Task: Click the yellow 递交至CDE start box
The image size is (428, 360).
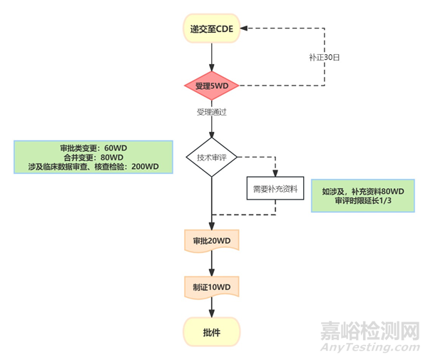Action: pos(212,29)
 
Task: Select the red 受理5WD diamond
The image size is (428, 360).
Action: pos(212,86)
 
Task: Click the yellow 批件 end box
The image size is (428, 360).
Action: pos(212,331)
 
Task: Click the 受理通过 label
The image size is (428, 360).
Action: pos(212,112)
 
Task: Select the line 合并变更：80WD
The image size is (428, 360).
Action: pos(93,157)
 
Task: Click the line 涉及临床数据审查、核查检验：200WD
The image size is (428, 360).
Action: pos(93,166)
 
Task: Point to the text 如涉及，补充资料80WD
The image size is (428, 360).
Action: pos(363,192)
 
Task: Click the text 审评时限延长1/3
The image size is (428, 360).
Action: pos(363,202)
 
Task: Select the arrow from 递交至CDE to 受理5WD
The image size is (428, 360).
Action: pos(212,56)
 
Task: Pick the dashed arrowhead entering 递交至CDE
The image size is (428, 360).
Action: pos(245,29)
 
